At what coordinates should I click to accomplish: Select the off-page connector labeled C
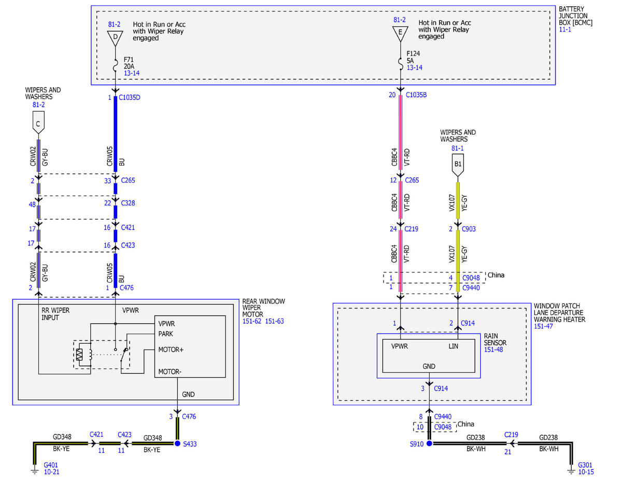[x=38, y=123]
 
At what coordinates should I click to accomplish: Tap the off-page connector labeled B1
[x=458, y=165]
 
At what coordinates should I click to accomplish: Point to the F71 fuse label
[x=129, y=60]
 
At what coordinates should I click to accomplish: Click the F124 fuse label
[x=413, y=53]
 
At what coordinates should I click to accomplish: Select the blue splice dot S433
[x=177, y=443]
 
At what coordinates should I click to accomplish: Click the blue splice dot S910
[x=429, y=443]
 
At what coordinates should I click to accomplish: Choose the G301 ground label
[x=585, y=465]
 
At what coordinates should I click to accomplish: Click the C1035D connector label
[x=130, y=97]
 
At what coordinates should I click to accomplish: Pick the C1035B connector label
[x=416, y=95]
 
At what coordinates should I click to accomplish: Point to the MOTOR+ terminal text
[x=171, y=350]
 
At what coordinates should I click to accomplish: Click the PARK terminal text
[x=166, y=333]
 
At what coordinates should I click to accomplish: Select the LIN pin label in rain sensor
[x=453, y=346]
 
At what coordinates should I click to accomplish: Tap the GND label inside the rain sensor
[x=429, y=366]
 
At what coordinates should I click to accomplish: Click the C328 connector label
[x=128, y=203]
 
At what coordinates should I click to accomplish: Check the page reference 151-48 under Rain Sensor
[x=493, y=350]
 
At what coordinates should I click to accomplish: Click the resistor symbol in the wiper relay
[x=79, y=355]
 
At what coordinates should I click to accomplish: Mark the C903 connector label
[x=469, y=229]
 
